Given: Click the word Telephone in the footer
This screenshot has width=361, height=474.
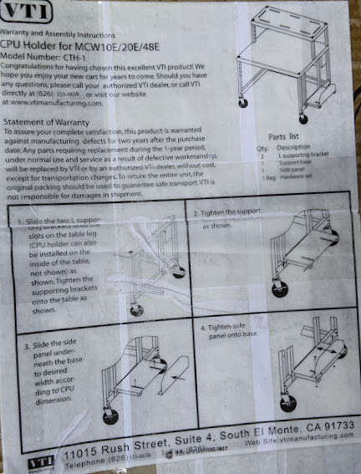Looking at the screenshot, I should pyautogui.click(x=86, y=462).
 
